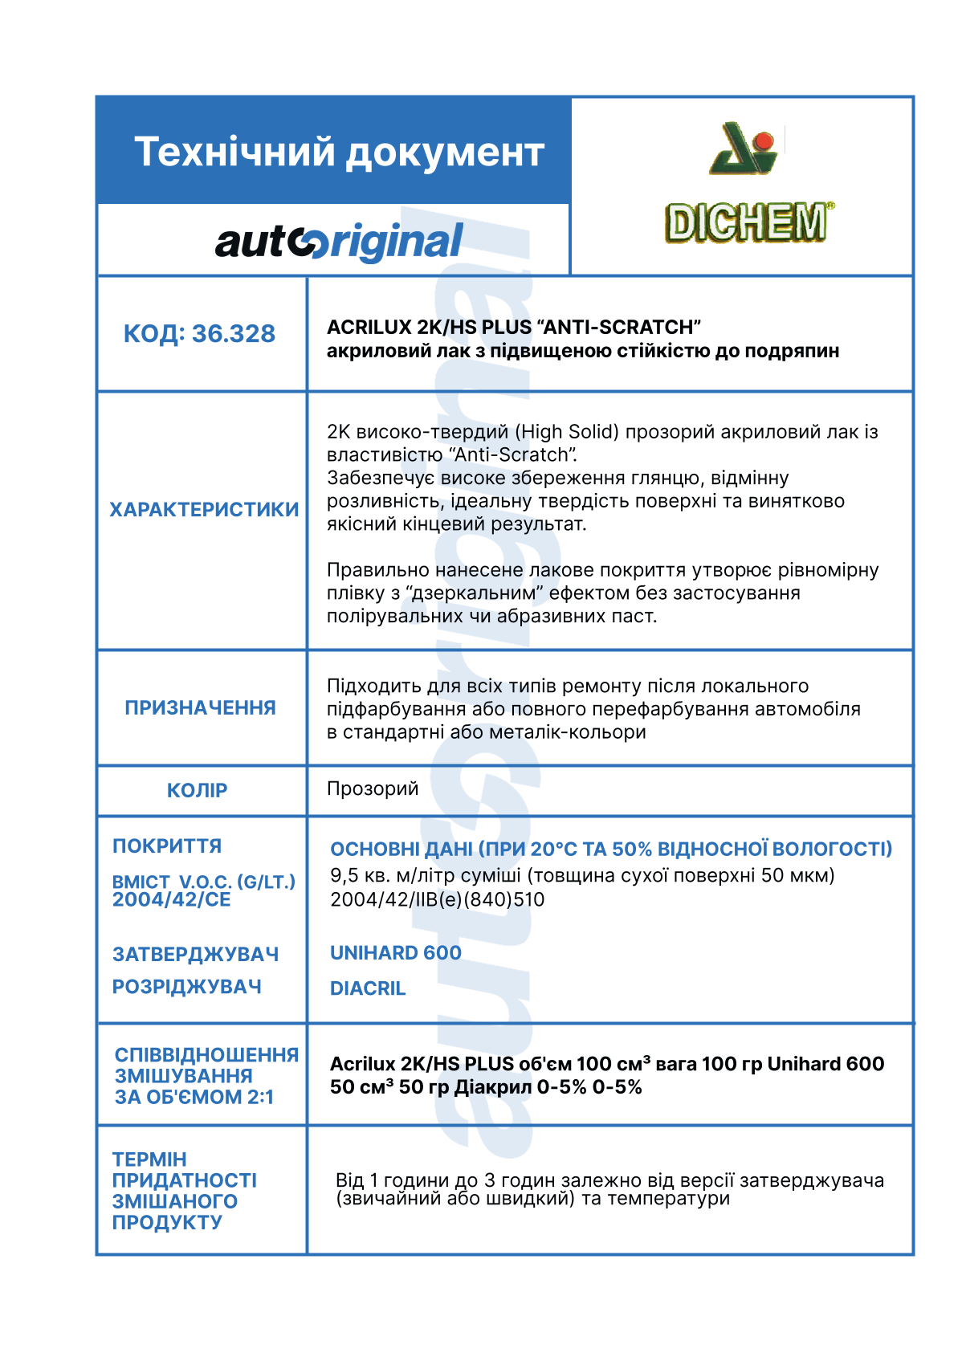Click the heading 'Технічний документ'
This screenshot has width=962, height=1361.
point(339,152)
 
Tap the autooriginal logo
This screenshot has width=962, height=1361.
point(339,242)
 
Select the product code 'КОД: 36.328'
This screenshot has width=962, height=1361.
point(199,333)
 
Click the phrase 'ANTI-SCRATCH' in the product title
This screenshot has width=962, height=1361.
point(622,328)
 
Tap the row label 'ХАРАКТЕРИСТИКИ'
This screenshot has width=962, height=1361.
point(204,509)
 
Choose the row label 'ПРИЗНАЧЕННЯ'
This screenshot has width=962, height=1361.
point(200,707)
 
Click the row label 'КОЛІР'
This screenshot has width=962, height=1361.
point(197,790)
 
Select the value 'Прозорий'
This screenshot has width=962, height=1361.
point(373,788)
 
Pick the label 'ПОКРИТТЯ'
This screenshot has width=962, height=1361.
point(167,846)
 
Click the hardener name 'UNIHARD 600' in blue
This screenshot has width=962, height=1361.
point(396,953)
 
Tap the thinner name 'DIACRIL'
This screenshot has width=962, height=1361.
point(368,988)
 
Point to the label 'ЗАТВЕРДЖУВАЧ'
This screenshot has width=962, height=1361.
point(196,954)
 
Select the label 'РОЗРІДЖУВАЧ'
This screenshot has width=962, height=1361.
point(187,986)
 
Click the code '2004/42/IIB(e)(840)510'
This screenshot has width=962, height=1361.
point(438,899)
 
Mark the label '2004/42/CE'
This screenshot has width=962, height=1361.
point(172,899)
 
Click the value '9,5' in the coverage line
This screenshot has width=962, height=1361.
point(344,875)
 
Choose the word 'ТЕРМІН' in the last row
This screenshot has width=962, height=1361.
point(149,1159)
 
